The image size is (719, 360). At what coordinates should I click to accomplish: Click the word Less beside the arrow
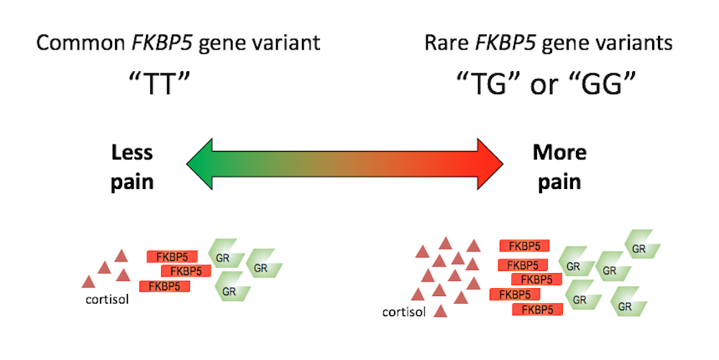[x=132, y=152]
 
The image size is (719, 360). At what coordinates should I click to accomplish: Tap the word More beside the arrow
[x=559, y=152]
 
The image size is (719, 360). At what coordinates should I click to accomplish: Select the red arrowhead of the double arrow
[x=489, y=166]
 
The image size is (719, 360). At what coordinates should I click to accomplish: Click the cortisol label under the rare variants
[x=403, y=312]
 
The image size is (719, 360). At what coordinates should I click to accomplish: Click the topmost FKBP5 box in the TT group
[x=172, y=257]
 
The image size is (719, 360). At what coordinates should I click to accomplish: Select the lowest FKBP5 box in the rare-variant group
[x=537, y=310]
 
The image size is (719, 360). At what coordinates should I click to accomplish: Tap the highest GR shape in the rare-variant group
[x=637, y=249]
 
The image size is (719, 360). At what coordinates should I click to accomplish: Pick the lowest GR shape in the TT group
[x=229, y=290]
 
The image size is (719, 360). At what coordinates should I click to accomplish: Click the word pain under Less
[x=132, y=180]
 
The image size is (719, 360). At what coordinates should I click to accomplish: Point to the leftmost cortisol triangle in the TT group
[x=89, y=281]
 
